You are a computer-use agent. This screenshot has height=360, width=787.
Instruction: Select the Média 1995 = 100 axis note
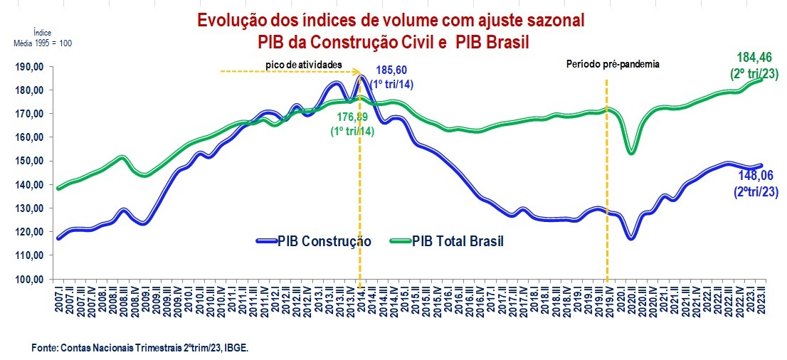coord(43,43)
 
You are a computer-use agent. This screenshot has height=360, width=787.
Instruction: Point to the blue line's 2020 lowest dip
coord(630,237)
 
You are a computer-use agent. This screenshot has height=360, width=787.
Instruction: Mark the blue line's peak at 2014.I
coord(361,77)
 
